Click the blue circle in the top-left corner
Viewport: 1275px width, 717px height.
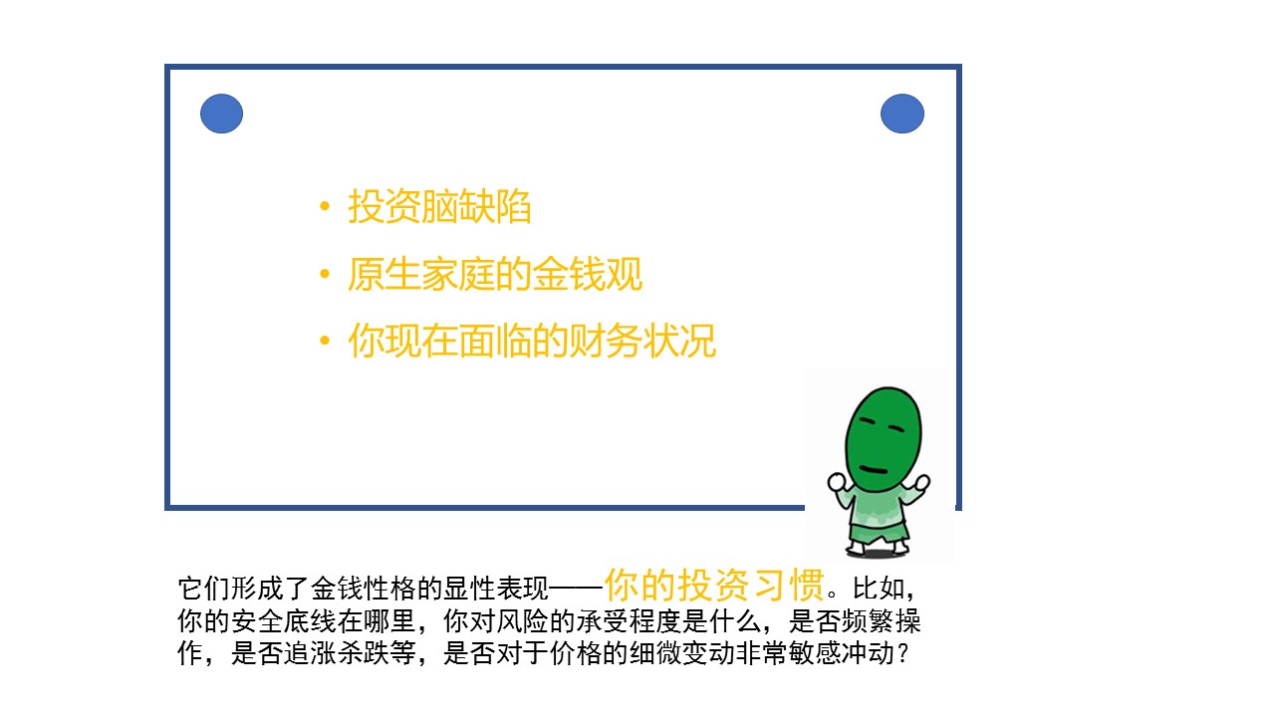pyautogui.click(x=221, y=114)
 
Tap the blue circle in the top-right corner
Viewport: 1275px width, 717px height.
pyautogui.click(x=902, y=114)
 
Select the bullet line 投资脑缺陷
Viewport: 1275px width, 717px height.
pyautogui.click(x=439, y=206)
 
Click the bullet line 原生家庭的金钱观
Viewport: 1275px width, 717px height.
pyautogui.click(x=495, y=274)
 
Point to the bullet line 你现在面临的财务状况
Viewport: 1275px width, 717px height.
pyautogui.click(x=532, y=341)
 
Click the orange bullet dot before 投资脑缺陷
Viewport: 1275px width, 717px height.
pyautogui.click(x=325, y=206)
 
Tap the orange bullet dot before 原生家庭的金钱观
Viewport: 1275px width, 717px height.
pyautogui.click(x=325, y=274)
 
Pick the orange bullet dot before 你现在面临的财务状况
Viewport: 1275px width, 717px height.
pyautogui.click(x=325, y=341)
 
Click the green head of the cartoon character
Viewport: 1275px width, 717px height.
pyautogui.click(x=883, y=439)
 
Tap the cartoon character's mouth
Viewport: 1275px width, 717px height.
pyautogui.click(x=874, y=469)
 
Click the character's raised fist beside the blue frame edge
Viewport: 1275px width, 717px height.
pyautogui.click(x=921, y=483)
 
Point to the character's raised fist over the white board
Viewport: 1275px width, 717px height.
pyautogui.click(x=838, y=482)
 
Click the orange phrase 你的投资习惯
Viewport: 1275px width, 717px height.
pyautogui.click(x=714, y=585)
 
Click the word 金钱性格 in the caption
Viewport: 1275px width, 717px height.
pyautogui.click(x=364, y=589)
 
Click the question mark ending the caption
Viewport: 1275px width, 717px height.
pyautogui.click(x=901, y=653)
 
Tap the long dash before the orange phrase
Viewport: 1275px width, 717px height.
pyautogui.click(x=576, y=589)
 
